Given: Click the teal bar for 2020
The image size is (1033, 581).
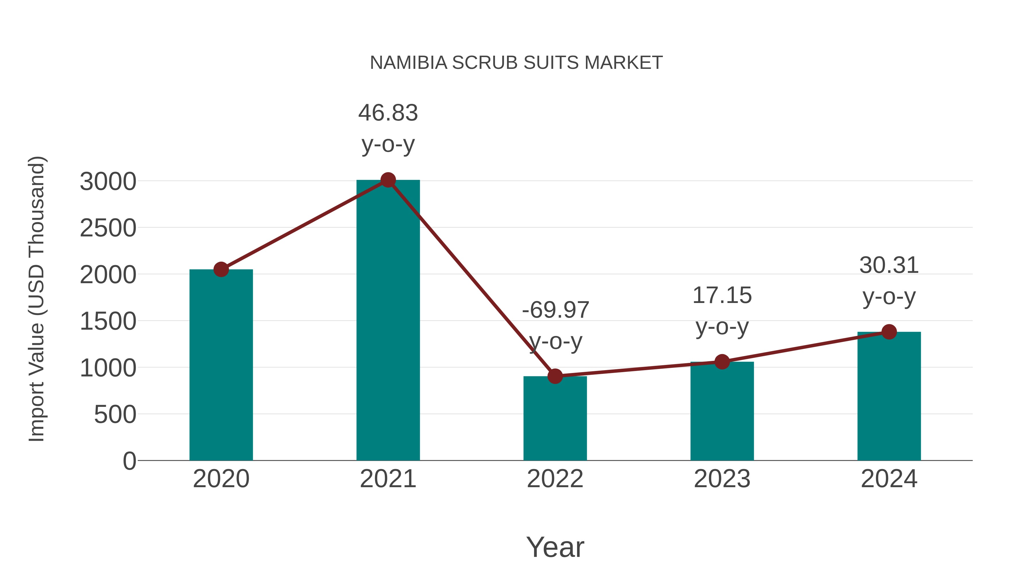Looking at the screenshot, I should point(221,365).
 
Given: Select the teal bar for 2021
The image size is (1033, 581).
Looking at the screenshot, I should point(388,321).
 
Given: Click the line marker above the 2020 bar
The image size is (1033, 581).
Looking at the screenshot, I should point(221,269).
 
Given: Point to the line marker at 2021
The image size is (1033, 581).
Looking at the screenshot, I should point(388,180).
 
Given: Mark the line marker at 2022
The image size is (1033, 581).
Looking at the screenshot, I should point(555,376).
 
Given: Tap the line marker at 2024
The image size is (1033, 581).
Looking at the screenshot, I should point(889,332).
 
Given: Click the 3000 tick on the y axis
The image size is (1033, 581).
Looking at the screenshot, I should point(108,182).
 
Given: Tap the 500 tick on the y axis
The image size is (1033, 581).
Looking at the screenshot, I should point(115,415).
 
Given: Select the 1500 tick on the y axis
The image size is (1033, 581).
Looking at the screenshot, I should point(108,322).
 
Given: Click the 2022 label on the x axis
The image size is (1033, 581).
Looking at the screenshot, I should point(555,479).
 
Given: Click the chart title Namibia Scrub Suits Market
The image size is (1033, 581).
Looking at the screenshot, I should point(516,63).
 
